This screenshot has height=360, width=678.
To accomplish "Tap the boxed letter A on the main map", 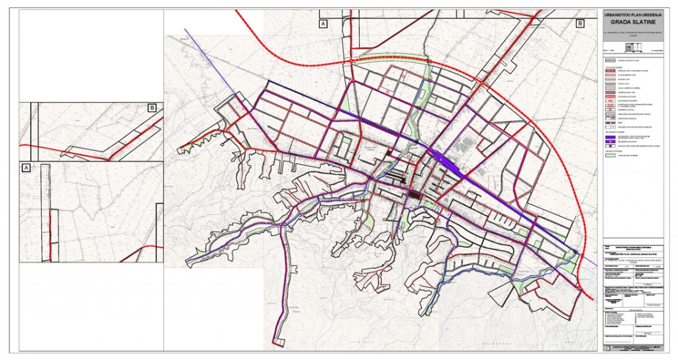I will coord(323,24).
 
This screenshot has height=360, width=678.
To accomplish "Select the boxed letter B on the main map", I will coord(580,24).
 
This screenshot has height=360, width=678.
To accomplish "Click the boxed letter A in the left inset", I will coord(26,168).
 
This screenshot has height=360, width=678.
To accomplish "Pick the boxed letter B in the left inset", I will coord(152,108).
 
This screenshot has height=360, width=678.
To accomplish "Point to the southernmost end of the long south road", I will coord(280,343).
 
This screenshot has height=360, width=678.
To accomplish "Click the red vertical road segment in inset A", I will coord(50,228).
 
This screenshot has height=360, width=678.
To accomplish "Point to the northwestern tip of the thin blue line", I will coord(185,29).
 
